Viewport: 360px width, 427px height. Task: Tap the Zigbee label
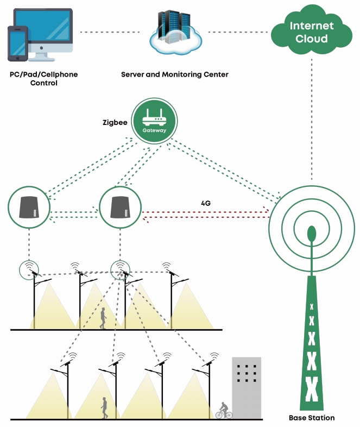[x=115, y=123]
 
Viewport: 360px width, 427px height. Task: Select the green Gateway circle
[x=154, y=121]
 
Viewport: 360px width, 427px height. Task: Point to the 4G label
[x=206, y=203]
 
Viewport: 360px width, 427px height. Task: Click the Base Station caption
[x=312, y=418]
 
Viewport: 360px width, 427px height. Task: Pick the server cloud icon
[x=176, y=32]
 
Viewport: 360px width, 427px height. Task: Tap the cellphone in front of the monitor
[x=18, y=43]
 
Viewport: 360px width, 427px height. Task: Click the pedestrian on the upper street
[x=103, y=318]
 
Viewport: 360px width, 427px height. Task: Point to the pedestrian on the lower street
[x=104, y=407]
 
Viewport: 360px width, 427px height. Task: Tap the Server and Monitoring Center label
[x=175, y=74]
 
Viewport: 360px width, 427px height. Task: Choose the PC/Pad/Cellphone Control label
[x=44, y=78]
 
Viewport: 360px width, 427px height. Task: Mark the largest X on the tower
[x=312, y=389]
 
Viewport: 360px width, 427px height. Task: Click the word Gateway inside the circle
[x=154, y=130]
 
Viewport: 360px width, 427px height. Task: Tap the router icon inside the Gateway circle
[x=154, y=117]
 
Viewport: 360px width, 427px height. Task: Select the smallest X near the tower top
[x=312, y=307]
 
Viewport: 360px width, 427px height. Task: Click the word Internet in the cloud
[x=312, y=26]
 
